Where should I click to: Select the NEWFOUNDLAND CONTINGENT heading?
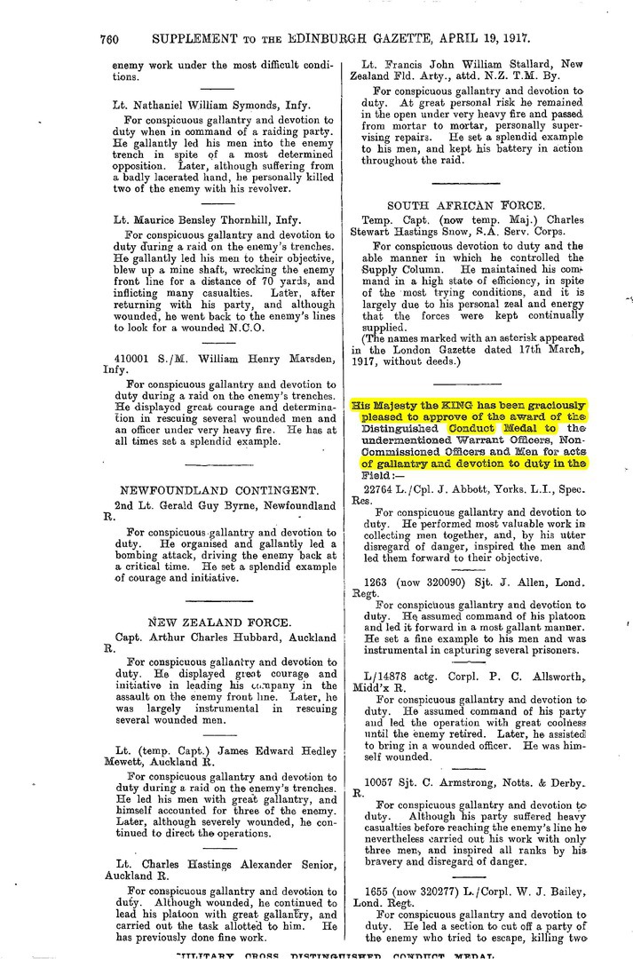(x=218, y=490)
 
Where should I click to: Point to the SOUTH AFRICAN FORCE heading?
(x=471, y=205)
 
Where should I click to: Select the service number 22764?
(x=380, y=488)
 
